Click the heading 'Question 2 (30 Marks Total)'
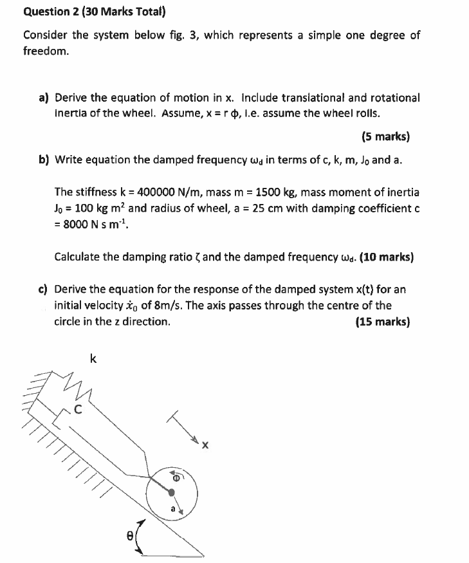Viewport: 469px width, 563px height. (95, 12)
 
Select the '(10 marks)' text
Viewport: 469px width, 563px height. (387, 257)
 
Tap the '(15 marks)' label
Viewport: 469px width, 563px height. (382, 321)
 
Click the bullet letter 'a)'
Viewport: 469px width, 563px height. (44, 98)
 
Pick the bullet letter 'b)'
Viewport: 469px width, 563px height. (44, 160)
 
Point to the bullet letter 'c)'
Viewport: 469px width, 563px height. (44, 290)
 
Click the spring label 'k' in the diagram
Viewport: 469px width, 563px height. (94, 359)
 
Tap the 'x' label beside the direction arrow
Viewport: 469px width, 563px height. (206, 445)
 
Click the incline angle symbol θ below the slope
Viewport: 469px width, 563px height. (129, 533)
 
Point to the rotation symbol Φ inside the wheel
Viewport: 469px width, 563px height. (175, 477)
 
